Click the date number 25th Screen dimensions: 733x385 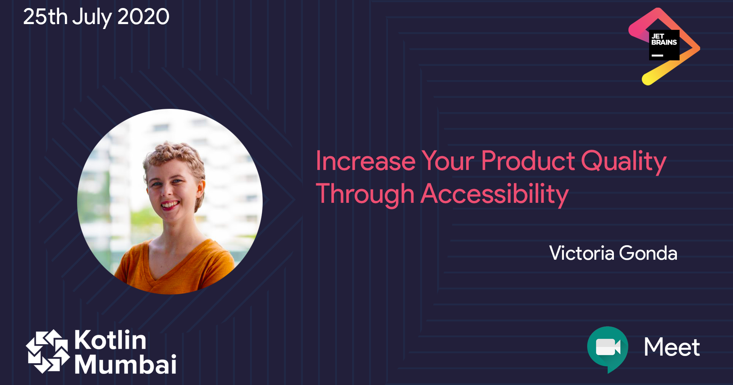pyautogui.click(x=45, y=17)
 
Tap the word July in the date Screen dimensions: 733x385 pyautogui.click(x=92, y=18)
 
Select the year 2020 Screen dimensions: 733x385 pyautogui.click(x=143, y=17)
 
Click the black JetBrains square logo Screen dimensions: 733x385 pyautogui.click(x=664, y=45)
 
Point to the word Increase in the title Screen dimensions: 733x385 pyautogui.click(x=365, y=161)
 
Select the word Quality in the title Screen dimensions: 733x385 pyautogui.click(x=623, y=162)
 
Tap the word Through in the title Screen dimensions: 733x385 pyautogui.click(x=365, y=194)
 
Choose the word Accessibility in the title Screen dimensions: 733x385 pyautogui.click(x=495, y=194)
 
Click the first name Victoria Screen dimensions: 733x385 pyautogui.click(x=581, y=253)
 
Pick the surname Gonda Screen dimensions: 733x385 pyautogui.click(x=648, y=253)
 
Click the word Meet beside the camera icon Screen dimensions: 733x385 pyautogui.click(x=672, y=347)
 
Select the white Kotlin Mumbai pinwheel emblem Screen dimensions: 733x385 pyautogui.click(x=48, y=351)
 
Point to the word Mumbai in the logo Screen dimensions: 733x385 pyautogui.click(x=125, y=364)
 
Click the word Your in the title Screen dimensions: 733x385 pyautogui.click(x=448, y=161)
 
